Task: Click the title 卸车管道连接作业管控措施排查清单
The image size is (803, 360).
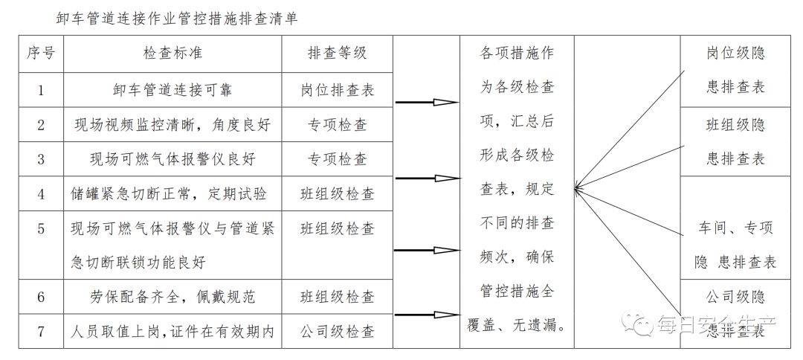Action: (177, 19)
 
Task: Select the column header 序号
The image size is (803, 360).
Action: (41, 54)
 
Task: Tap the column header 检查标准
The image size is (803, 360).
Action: (172, 54)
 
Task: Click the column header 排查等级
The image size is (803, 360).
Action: (337, 54)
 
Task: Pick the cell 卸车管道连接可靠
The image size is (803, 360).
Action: (172, 90)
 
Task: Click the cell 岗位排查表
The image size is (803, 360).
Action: (337, 90)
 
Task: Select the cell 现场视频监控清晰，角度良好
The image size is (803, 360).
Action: (172, 124)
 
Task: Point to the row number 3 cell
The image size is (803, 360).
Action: (41, 159)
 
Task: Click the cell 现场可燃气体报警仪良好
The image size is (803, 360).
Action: (172, 159)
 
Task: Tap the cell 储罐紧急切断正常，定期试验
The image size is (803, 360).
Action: (172, 193)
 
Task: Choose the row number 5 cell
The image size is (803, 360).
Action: (41, 245)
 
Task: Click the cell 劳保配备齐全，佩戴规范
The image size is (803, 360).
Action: (172, 297)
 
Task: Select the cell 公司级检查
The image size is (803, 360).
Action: (337, 331)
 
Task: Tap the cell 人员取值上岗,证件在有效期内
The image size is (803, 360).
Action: (172, 331)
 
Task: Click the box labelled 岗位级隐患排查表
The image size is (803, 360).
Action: (735, 71)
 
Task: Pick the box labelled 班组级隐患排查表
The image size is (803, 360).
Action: (735, 142)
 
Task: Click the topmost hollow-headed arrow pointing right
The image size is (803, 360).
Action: (427, 103)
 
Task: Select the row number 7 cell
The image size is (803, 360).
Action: (41, 331)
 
